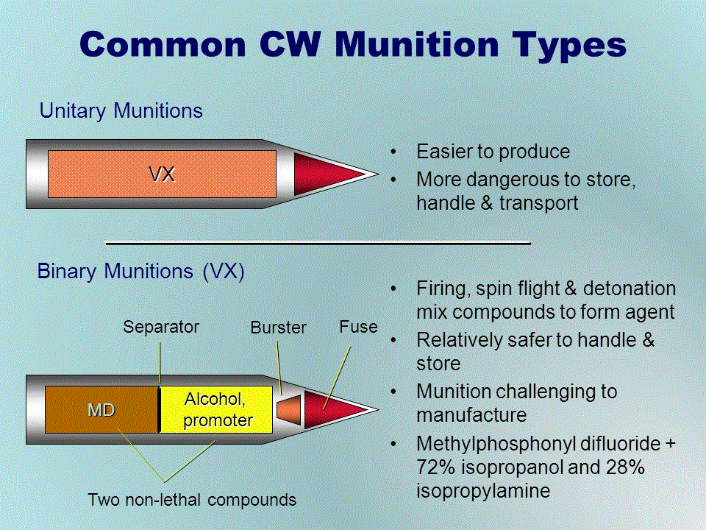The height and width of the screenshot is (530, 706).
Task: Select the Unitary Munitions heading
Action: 121,111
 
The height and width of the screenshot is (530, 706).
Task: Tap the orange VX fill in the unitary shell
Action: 162,174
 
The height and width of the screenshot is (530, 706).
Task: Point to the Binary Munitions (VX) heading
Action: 140,272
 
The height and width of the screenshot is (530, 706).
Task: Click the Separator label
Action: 161,327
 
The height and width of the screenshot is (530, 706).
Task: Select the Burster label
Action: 278,327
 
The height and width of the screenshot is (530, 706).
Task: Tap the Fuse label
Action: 358,327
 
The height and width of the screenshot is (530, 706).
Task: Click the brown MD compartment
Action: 101,410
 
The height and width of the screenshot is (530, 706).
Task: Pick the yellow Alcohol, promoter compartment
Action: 216,410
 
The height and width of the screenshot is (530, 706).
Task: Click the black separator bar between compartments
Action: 159,410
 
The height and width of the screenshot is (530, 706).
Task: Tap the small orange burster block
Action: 289,410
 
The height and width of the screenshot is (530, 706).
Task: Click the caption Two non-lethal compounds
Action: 192,500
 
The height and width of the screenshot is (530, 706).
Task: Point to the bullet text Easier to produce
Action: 493,152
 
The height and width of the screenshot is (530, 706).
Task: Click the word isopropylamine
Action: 483,491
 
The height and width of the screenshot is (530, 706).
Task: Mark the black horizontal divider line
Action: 318,244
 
